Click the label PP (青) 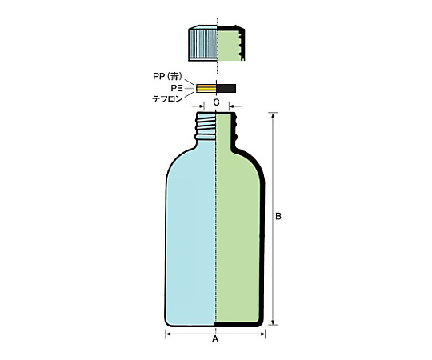click(x=167, y=76)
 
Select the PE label click(x=176, y=88)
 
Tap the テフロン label click(x=167, y=99)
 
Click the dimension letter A click(x=215, y=339)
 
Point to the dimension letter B click(x=278, y=216)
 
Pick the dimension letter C click(x=217, y=102)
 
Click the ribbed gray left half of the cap click(x=203, y=43)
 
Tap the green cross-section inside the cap click(x=228, y=44)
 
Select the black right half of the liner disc click(x=226, y=88)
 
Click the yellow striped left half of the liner click(x=206, y=88)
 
